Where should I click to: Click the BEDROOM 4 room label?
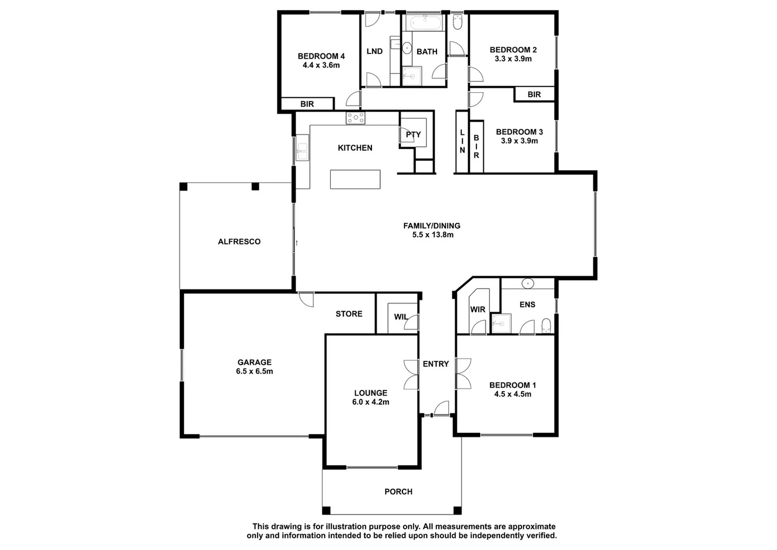[x=321, y=56]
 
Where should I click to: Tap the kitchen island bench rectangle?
[x=355, y=179]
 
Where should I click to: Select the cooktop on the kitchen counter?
[x=355, y=118]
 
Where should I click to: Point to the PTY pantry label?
[x=413, y=135]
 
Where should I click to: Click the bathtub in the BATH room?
[x=424, y=22]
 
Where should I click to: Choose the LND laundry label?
[x=375, y=51]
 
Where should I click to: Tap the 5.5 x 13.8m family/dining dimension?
[x=433, y=235]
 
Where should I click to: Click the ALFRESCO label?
[x=239, y=242]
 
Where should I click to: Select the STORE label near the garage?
[x=349, y=314]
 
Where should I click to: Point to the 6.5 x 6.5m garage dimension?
[x=254, y=372]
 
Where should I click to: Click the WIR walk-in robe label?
[x=477, y=310]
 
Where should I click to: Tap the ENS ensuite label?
[x=527, y=305]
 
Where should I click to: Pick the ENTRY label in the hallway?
[x=436, y=364]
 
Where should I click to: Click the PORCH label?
[x=398, y=492]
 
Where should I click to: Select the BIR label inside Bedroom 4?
[x=307, y=104]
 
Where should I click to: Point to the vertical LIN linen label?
[x=462, y=142]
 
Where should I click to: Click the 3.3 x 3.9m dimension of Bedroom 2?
[x=513, y=59]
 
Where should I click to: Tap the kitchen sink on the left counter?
[x=302, y=148]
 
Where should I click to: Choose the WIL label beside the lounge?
[x=400, y=317]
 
